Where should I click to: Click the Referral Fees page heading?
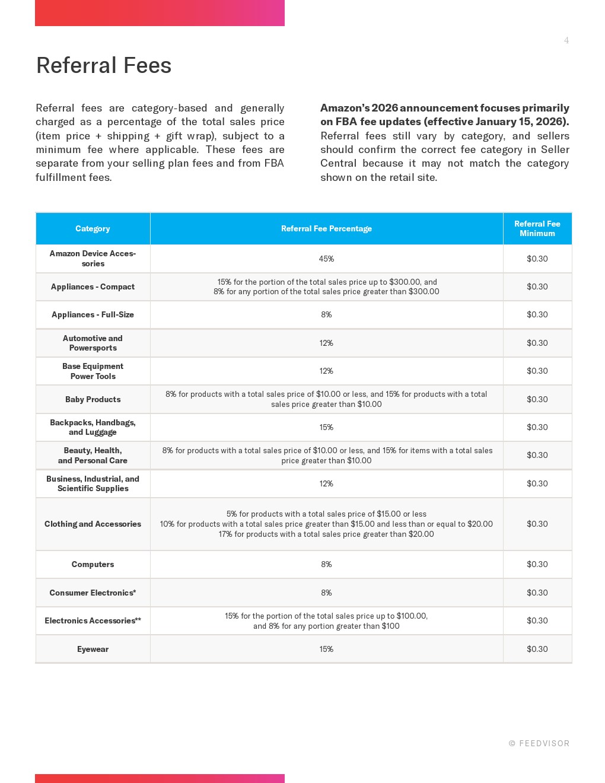point(104,65)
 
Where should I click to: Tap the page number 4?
point(566,40)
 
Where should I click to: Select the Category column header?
point(93,228)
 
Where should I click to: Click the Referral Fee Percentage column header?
point(326,228)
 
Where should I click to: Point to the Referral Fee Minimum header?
point(537,228)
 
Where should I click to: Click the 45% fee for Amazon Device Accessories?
point(326,259)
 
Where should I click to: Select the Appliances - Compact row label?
point(93,287)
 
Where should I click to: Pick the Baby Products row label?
point(93,399)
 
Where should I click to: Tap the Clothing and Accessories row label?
point(93,524)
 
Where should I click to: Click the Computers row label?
point(93,564)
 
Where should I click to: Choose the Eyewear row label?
point(93,649)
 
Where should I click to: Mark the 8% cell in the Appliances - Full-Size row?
point(326,314)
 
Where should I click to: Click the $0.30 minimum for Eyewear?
point(537,649)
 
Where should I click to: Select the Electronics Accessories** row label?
point(93,620)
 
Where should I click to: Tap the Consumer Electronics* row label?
point(93,593)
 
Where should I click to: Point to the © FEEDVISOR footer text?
point(539,743)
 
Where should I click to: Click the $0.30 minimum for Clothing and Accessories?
point(537,524)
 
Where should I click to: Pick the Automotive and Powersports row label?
point(93,343)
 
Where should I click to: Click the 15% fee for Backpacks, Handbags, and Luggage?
point(326,427)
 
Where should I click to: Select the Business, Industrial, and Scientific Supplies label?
point(93,483)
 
